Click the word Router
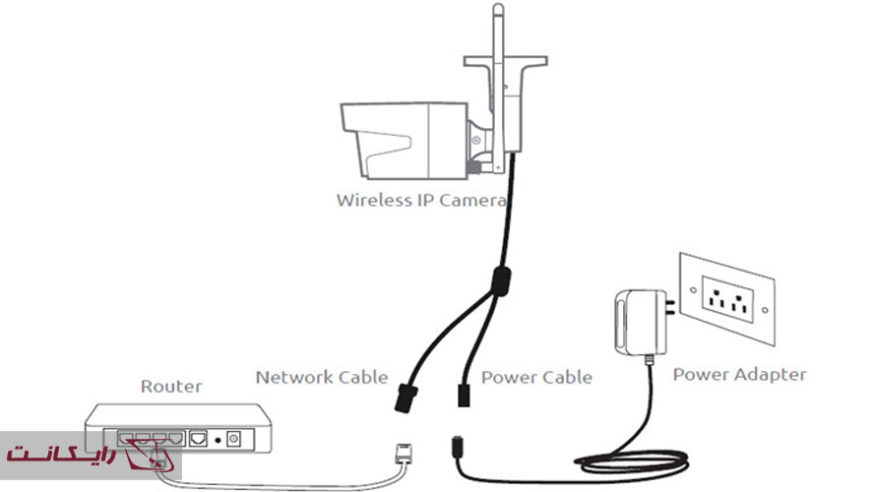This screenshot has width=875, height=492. [x=172, y=387]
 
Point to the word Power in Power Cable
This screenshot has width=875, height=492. [x=506, y=377]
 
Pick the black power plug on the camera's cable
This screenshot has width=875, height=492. [x=462, y=395]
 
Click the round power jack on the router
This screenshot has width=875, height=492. [x=234, y=437]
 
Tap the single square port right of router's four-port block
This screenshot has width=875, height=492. [x=199, y=437]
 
